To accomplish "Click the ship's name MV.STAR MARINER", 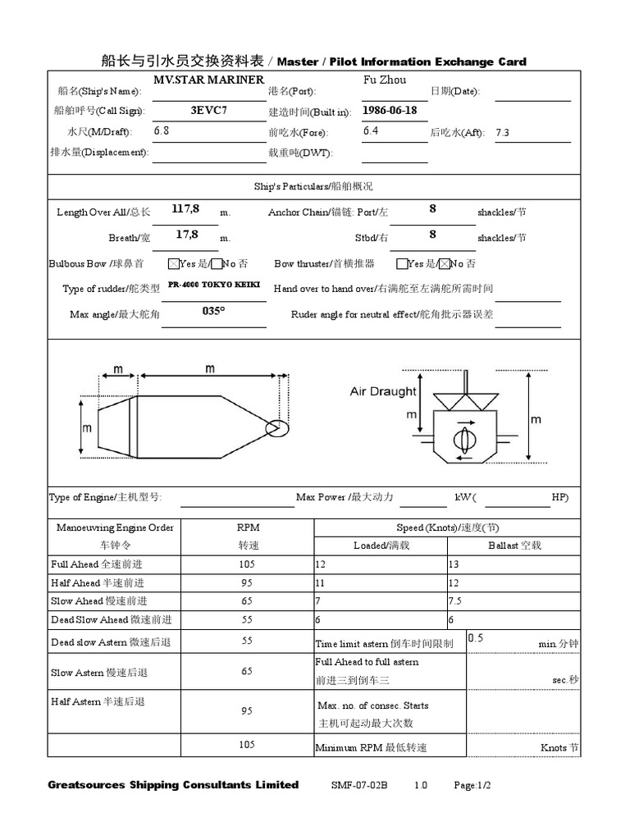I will [x=209, y=80].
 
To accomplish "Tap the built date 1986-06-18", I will [x=390, y=110].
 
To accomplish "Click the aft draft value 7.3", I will [x=503, y=132].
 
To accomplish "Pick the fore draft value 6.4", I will [x=371, y=130].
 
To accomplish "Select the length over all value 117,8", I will [x=186, y=209].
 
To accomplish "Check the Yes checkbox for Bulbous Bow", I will [x=173, y=264].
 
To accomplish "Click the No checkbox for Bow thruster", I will [x=444, y=264].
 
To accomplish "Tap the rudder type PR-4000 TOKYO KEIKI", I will [x=212, y=285].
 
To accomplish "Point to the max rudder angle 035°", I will [x=213, y=312].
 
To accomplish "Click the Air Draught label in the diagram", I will [x=382, y=391].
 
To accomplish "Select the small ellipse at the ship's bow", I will [x=278, y=427].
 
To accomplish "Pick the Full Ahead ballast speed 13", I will [x=454, y=564].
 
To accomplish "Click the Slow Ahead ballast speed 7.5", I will [x=457, y=601].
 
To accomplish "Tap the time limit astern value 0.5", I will [x=475, y=637].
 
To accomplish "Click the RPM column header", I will [x=248, y=527].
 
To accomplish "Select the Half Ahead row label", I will [x=97, y=582].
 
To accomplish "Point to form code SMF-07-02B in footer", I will [x=358, y=785].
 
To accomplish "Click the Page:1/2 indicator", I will [x=472, y=785].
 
